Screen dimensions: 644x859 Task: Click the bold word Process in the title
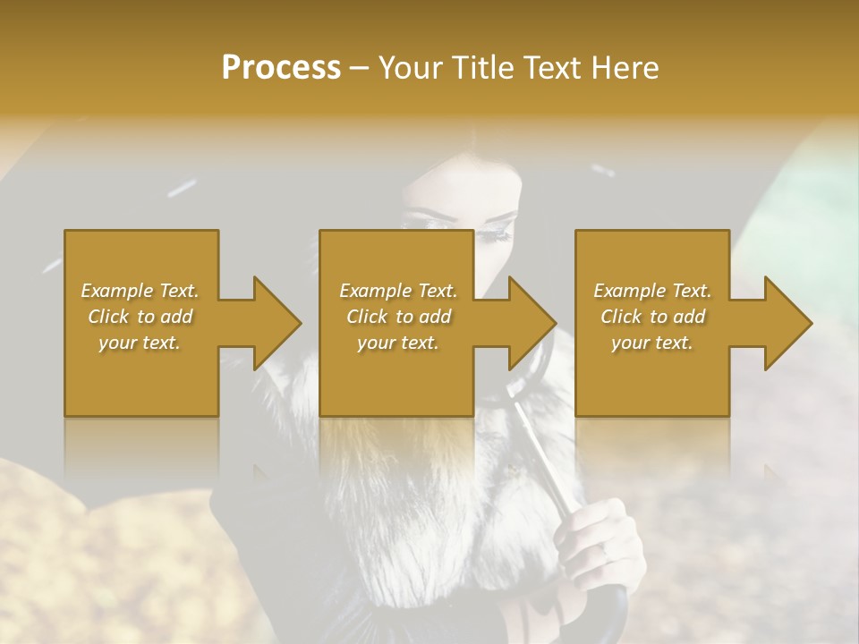281,67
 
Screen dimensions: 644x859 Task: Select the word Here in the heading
625,67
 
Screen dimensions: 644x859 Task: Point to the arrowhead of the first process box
278,323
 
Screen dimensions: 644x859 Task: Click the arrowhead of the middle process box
533,323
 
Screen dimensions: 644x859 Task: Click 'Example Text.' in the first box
140,291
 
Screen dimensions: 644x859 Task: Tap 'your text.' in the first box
140,343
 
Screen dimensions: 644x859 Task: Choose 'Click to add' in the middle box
398,317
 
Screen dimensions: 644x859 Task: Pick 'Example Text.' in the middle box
398,291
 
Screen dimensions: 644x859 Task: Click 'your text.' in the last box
652,343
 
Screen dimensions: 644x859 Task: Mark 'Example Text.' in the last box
652,291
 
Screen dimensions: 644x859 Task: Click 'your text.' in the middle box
398,343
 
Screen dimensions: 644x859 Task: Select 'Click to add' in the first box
140,317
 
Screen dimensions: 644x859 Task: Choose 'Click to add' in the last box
652,317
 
